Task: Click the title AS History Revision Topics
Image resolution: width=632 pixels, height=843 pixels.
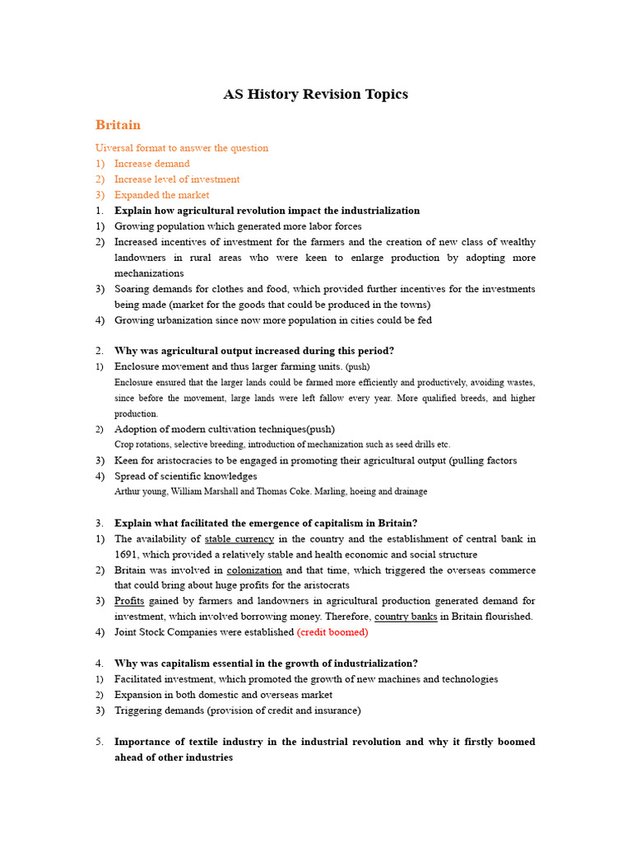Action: pos(315,95)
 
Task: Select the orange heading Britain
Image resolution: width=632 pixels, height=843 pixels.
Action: pos(118,125)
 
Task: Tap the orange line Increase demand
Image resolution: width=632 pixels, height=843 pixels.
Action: pos(151,164)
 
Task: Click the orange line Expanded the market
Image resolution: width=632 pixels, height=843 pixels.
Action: pos(161,195)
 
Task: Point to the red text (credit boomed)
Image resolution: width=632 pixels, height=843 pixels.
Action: pos(332,632)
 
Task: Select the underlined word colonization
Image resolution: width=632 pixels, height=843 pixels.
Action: pos(254,571)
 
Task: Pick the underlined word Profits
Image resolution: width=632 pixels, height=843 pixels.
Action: pos(129,602)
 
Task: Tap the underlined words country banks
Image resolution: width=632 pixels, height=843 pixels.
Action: pos(406,617)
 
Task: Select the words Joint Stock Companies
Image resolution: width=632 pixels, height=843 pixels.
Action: pos(169,632)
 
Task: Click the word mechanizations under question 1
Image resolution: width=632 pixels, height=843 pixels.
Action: pos(149,273)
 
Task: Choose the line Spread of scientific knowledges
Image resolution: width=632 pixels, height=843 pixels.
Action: pos(186,476)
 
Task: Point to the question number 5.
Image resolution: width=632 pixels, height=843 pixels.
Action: pos(99,742)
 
